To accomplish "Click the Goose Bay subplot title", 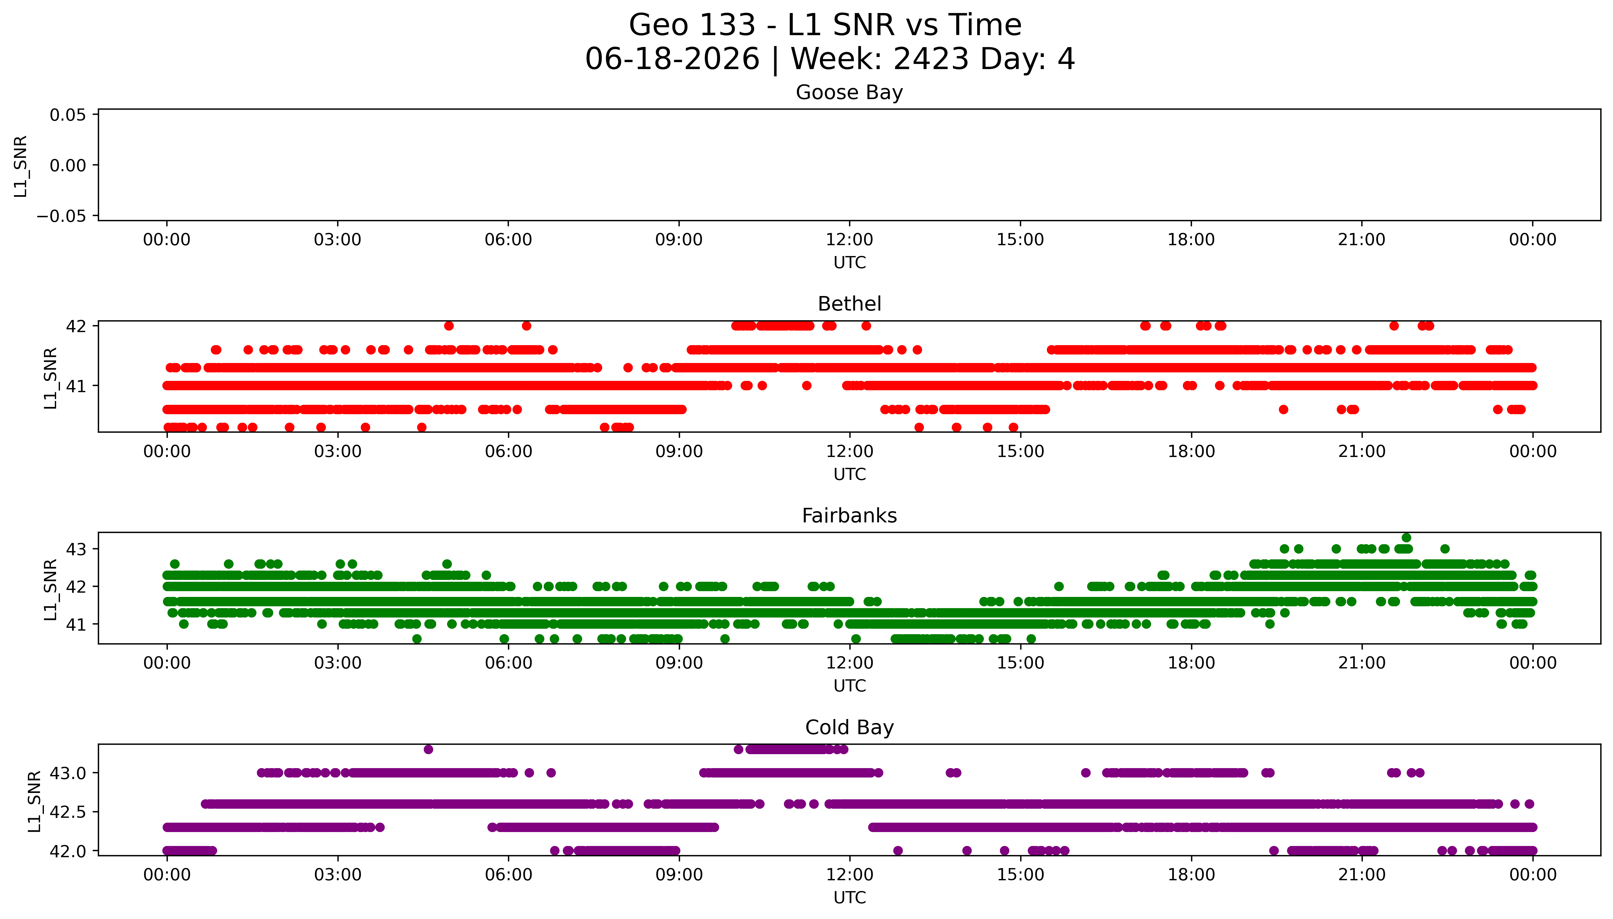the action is [849, 93].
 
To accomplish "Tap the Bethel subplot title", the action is [849, 304].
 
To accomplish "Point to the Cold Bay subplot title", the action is [849, 728].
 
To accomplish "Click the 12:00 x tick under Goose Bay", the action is [849, 240].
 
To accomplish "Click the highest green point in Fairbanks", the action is [1406, 538].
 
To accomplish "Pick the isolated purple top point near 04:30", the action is [428, 749].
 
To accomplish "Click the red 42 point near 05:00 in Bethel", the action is [449, 326].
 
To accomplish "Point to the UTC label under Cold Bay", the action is [849, 897].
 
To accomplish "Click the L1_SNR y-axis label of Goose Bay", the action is [21, 166].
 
